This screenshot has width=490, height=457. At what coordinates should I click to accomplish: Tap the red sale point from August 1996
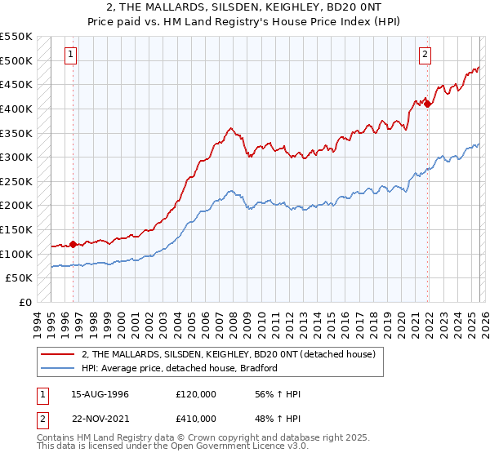pyautogui.click(x=73, y=243)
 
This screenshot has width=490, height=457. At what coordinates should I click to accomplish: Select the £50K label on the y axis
pyautogui.click(x=20, y=278)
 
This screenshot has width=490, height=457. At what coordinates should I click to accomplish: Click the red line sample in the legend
pyautogui.click(x=58, y=354)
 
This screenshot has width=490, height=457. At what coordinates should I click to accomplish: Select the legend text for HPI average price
pyautogui.click(x=180, y=368)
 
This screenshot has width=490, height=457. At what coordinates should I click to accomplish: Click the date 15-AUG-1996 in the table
pyautogui.click(x=100, y=394)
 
